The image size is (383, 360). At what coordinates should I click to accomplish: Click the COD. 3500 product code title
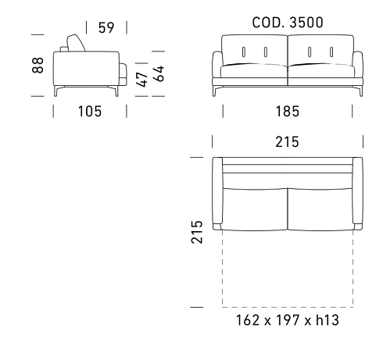(x=288, y=23)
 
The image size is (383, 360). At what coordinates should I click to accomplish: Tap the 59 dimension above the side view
(x=106, y=27)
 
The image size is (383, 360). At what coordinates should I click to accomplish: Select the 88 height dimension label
(x=38, y=66)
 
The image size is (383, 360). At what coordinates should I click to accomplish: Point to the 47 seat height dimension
(x=142, y=80)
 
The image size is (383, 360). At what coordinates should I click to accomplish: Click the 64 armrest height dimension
(x=159, y=74)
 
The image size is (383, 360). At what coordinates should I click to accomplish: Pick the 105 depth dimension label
(x=90, y=111)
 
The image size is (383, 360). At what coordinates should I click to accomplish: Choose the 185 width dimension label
(x=288, y=112)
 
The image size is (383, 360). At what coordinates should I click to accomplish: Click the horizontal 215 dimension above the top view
(x=288, y=142)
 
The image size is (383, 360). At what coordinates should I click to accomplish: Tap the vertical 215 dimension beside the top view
(x=197, y=232)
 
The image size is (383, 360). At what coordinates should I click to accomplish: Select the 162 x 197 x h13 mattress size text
(x=288, y=320)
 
